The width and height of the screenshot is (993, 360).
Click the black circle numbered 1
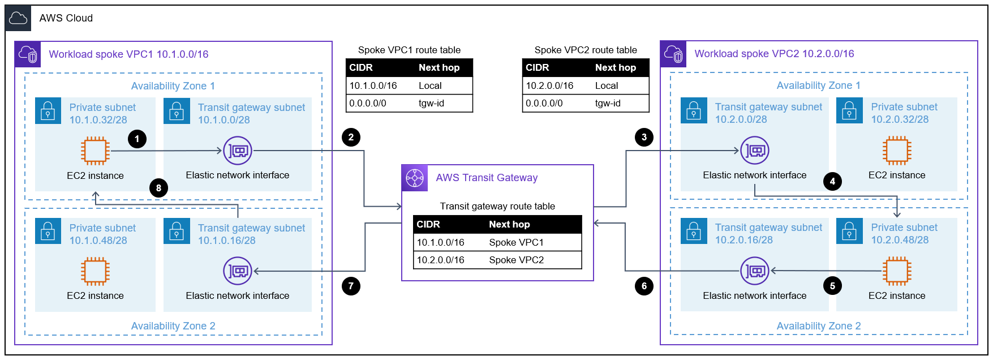(x=137, y=139)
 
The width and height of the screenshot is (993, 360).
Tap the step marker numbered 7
(x=351, y=286)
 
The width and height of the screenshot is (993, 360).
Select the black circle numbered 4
(x=832, y=181)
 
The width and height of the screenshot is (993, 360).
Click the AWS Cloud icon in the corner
(x=18, y=18)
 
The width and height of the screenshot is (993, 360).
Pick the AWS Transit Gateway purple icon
(x=414, y=178)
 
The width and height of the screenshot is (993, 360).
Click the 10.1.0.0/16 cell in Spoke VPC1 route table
(x=373, y=85)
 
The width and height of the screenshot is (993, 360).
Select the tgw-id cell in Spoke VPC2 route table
(x=608, y=103)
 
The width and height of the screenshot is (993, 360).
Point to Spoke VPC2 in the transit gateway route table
(x=516, y=260)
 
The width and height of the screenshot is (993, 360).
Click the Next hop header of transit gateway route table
(x=509, y=224)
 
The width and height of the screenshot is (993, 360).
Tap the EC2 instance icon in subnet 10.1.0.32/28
(x=95, y=151)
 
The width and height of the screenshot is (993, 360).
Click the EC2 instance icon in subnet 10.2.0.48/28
(x=897, y=271)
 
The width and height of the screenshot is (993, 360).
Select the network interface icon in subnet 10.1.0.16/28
(x=238, y=271)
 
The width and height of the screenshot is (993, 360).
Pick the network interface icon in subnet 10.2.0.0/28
(x=755, y=151)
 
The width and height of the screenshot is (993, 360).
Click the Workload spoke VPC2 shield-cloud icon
(x=673, y=54)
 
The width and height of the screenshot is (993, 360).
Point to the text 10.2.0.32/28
(x=900, y=119)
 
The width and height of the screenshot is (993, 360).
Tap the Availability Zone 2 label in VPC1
(x=173, y=326)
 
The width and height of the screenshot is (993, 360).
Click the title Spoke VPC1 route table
(x=409, y=50)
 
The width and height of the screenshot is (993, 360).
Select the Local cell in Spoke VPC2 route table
(x=607, y=85)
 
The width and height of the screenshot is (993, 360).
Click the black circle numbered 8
(x=158, y=188)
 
